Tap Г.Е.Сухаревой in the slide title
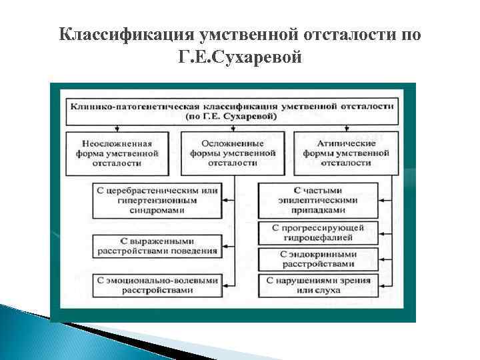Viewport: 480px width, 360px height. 240,59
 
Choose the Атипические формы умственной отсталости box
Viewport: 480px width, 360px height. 347,153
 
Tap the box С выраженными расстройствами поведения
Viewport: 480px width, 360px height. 156,246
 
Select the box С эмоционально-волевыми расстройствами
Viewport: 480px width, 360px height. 156,285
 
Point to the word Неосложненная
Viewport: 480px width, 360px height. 117,143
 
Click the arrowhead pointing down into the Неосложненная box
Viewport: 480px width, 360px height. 117,129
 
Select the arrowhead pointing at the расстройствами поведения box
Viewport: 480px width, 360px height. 225,246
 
